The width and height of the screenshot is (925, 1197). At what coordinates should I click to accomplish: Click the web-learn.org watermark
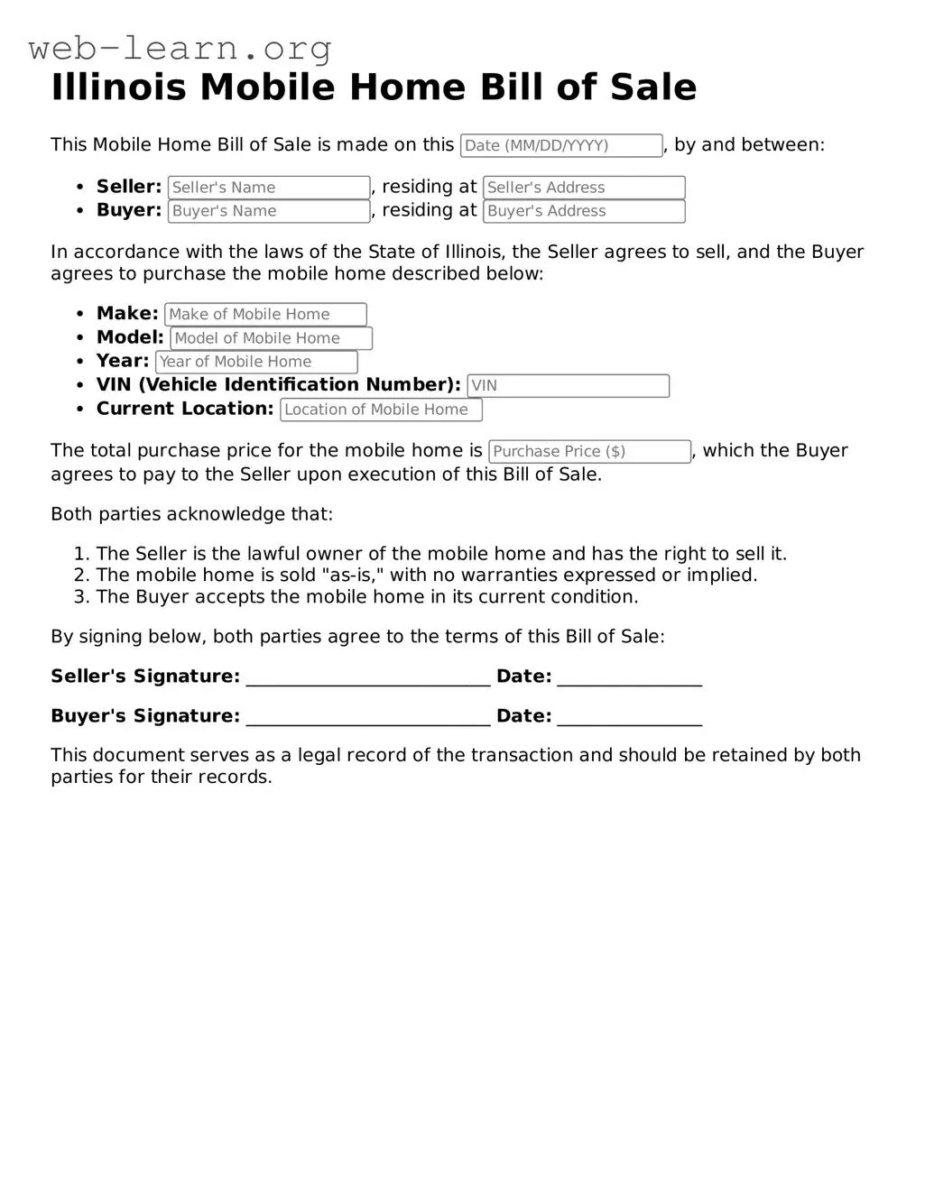(180, 48)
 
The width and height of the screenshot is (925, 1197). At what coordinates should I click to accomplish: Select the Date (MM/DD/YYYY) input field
(561, 145)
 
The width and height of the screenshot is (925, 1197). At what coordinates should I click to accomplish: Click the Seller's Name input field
(269, 188)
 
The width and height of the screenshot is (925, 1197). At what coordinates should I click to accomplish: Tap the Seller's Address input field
(584, 188)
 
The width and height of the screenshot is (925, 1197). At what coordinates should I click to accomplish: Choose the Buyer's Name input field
(269, 211)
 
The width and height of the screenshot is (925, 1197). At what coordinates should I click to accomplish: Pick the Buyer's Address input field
(584, 211)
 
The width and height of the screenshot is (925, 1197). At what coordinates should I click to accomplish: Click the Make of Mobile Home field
(265, 314)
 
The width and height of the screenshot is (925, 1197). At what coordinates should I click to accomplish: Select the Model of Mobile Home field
(271, 338)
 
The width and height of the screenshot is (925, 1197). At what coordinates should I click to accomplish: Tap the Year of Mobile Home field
(256, 362)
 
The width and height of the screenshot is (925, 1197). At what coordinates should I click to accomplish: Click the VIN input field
(568, 385)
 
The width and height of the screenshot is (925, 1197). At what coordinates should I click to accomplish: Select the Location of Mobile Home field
(381, 410)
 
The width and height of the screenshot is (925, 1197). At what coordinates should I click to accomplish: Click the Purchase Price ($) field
(589, 451)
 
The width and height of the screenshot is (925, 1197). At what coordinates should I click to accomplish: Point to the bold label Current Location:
(185, 409)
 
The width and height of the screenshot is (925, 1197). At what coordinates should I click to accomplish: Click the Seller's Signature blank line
(368, 678)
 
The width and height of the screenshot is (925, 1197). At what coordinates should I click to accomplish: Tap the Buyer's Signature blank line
(368, 718)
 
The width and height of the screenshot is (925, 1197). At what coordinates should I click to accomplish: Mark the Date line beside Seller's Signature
(629, 678)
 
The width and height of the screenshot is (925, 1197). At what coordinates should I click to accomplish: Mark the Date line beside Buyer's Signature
(629, 718)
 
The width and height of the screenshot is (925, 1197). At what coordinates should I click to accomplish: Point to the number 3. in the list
(81, 597)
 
